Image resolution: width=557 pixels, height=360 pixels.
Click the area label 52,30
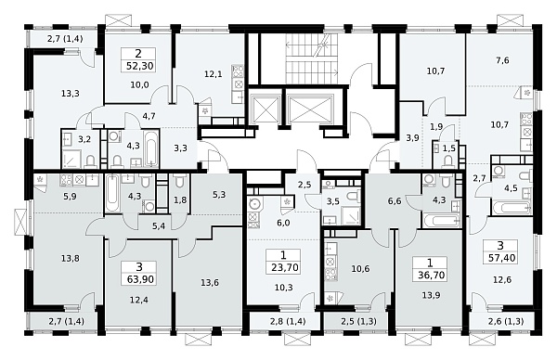[140, 66]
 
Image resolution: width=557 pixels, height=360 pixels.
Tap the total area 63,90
[140, 279]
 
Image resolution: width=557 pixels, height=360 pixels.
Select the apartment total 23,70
[285, 267]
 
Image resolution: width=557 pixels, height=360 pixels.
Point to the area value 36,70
[431, 276]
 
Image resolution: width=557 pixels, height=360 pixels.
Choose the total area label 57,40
[502, 258]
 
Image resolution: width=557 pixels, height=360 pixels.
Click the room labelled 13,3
[70, 94]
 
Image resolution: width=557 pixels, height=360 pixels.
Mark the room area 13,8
[70, 259]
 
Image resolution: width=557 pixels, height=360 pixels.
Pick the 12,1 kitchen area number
[214, 74]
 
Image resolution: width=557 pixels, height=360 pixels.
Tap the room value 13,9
[431, 295]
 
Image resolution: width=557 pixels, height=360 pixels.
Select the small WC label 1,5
[449, 148]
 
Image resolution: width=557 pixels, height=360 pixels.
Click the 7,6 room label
[502, 60]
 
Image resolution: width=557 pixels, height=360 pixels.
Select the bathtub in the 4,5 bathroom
[511, 207]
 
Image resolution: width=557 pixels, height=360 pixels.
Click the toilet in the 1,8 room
[180, 183]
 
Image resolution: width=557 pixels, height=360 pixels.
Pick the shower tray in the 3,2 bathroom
[71, 160]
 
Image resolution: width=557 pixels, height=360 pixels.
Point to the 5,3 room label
[219, 195]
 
